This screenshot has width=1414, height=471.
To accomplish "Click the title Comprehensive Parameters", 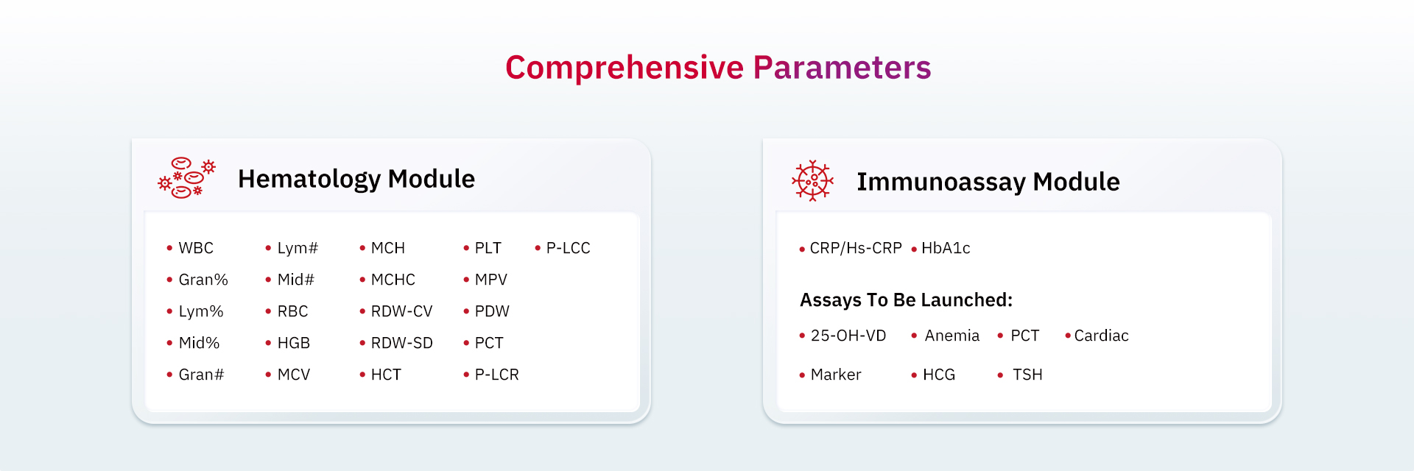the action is point(718,68).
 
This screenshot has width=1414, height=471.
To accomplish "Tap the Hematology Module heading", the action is point(356,179).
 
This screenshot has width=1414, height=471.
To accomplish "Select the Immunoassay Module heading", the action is point(988,182).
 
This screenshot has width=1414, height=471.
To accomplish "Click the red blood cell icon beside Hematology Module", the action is point(187,178).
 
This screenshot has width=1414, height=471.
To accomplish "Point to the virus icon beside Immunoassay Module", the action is point(812,181).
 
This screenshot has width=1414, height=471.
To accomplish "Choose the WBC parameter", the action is point(196,248).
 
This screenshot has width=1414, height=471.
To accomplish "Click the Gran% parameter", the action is point(203,280).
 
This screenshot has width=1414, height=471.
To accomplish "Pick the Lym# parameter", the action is point(298,248).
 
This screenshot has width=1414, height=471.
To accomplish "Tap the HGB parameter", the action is point(294,343).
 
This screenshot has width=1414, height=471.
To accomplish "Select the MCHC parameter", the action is point(393,280).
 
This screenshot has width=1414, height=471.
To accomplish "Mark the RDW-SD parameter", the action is point(402,343).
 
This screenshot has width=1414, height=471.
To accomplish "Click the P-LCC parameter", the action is point(569,248).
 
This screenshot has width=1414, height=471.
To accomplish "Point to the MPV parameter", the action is point(491,280).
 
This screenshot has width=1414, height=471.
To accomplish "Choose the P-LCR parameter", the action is point(497,375).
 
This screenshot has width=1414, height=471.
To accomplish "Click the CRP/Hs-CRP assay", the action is point(856,248).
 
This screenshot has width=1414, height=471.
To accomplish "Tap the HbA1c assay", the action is point(946,248).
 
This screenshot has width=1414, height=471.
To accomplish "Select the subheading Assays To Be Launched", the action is point(907,300).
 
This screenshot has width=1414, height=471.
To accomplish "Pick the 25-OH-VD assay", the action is point(848,336).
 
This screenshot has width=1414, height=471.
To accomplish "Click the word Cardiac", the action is point(1102,336).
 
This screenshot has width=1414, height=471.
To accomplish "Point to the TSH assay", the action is point(1027,375).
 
